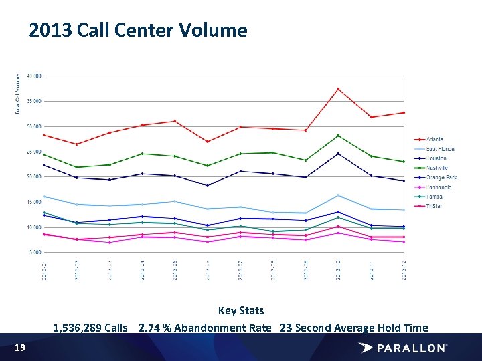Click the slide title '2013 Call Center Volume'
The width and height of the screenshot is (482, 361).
[138, 31]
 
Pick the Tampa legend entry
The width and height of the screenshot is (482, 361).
[434, 197]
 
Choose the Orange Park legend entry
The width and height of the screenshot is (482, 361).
[441, 177]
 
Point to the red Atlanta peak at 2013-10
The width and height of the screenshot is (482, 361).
[338, 89]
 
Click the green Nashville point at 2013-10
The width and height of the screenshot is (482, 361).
[338, 136]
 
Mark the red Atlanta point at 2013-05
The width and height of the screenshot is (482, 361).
[175, 121]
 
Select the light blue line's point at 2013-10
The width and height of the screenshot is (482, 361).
[338, 195]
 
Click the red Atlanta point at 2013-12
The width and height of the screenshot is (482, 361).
[404, 112]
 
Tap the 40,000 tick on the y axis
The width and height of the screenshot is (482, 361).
[33, 76]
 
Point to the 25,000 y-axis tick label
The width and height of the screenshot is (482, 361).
[33, 152]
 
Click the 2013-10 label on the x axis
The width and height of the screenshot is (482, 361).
[338, 271]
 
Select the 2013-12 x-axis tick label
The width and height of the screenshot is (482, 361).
[404, 271]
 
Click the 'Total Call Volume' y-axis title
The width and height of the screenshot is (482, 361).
[18, 93]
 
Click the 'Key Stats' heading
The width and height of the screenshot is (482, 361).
[241, 310]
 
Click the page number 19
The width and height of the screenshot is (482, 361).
[20, 348]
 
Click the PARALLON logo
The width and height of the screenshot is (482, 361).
[403, 348]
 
